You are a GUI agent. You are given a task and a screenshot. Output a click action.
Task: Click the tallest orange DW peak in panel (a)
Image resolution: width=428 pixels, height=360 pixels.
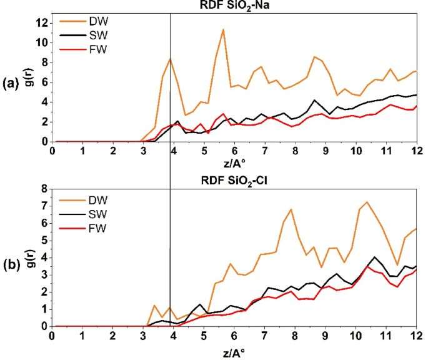[223, 29]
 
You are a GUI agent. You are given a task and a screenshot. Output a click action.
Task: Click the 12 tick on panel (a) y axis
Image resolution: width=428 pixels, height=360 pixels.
[42, 23]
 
